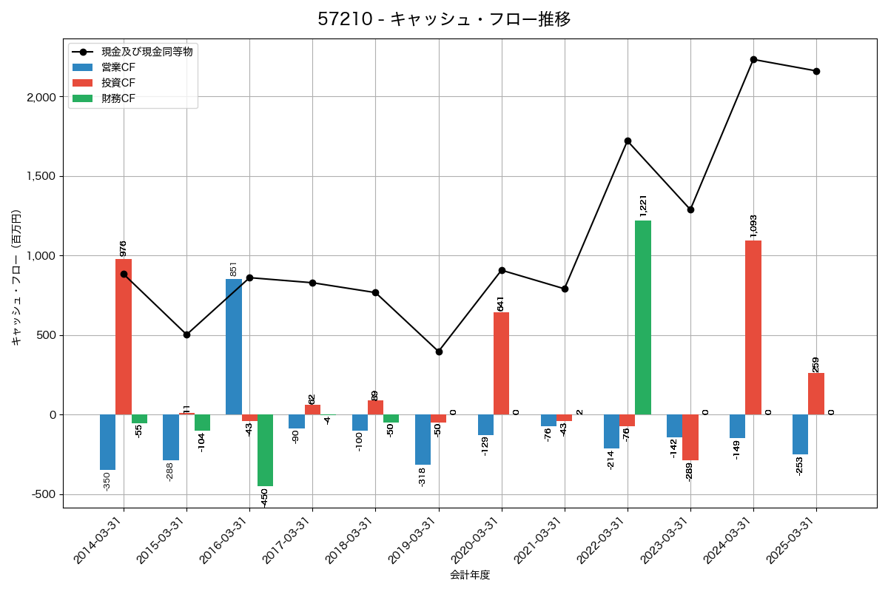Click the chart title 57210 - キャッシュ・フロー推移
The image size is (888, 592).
pos(444,19)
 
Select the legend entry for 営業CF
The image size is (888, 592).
pos(118,67)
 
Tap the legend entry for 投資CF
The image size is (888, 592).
pos(118,82)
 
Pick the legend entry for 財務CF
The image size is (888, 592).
pos(118,98)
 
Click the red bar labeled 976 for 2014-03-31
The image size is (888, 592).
pos(124,337)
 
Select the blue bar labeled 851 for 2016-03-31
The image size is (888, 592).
pos(234,347)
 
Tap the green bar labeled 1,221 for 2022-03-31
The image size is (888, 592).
pos(643,317)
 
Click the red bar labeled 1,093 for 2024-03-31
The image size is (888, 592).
pos(753,328)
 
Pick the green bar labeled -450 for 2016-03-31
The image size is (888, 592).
pos(265,450)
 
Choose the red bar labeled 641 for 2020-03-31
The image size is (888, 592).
pos(502,363)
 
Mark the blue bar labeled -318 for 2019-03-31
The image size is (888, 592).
pos(423,440)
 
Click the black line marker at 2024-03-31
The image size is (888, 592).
pos(753,59)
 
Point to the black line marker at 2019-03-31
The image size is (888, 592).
pos(439,351)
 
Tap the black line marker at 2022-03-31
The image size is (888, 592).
pos(628,141)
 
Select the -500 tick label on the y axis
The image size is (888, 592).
pos(44,494)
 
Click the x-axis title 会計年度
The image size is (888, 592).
pos(470,575)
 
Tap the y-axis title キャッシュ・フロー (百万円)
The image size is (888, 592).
pos(16,277)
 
